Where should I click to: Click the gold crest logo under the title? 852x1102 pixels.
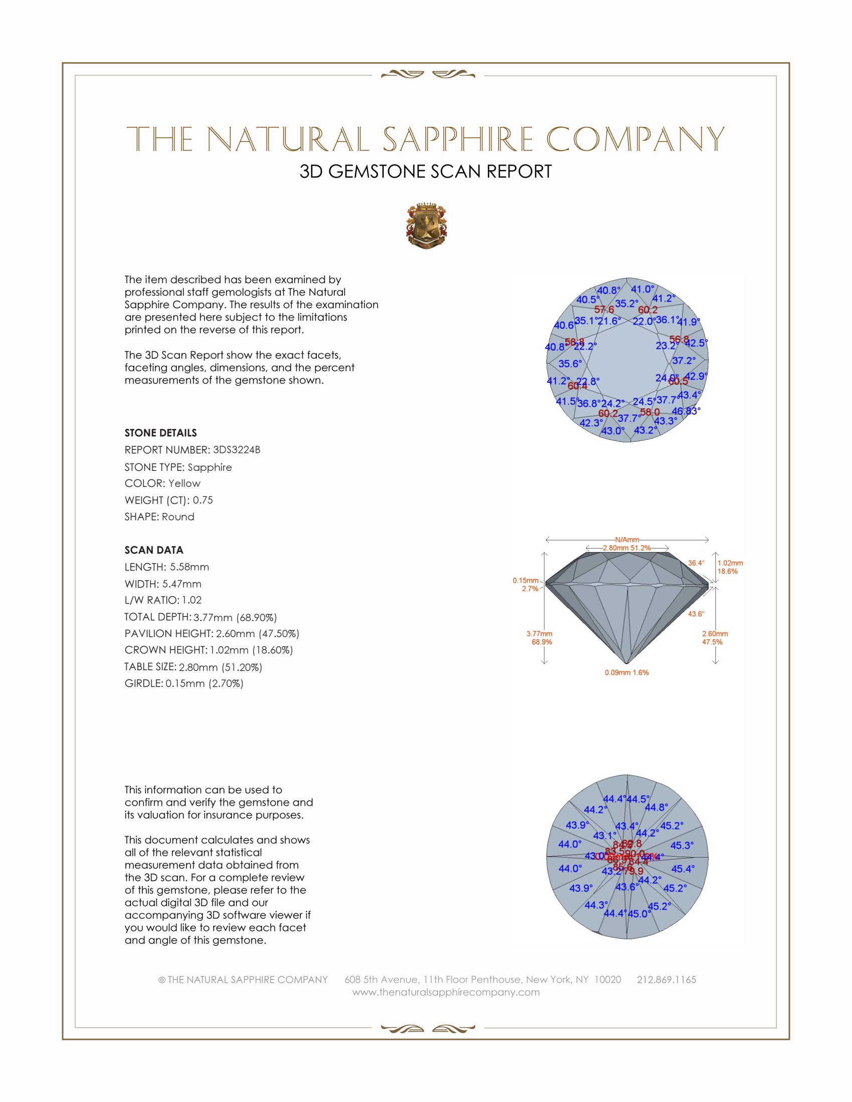point(426,226)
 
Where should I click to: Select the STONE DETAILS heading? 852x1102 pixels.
point(160,433)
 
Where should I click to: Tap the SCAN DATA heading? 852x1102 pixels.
point(154,550)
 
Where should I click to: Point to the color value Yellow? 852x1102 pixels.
point(184,483)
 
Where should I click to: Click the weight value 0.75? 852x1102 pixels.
point(203,500)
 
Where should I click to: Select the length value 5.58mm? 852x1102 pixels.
point(189,567)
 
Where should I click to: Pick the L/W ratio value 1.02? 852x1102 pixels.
point(192,600)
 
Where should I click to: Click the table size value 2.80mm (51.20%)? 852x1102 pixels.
point(221,667)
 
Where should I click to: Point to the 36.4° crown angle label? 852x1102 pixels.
point(696,563)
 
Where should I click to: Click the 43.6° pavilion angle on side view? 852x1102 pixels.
point(696,614)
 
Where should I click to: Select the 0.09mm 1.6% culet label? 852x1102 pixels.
point(626,673)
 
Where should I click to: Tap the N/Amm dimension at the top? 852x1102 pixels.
point(627,539)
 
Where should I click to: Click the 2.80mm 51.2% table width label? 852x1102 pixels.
point(626,547)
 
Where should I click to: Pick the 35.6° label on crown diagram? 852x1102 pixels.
point(570,363)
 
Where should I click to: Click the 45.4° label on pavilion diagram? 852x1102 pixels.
point(683,869)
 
